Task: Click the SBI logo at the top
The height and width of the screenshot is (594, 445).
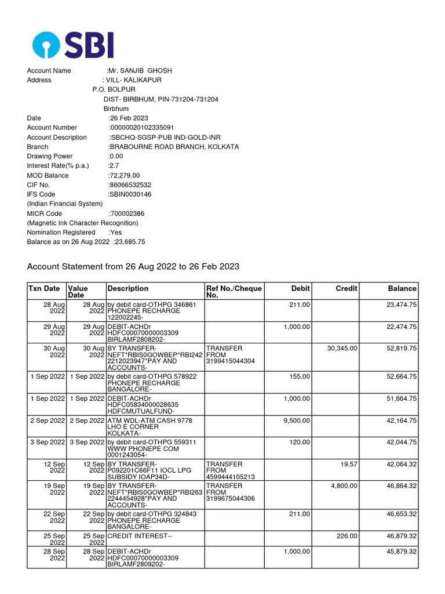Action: point(72,44)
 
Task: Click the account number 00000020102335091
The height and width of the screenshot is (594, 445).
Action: point(142,128)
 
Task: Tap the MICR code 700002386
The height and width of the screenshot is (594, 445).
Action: point(127,213)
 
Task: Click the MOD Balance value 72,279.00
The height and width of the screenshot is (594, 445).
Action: point(125,175)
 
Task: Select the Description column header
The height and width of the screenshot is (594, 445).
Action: point(128,288)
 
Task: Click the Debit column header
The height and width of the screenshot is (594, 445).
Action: point(300,288)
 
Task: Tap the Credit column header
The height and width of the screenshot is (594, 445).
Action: point(346,288)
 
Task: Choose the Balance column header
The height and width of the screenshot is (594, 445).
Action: point(402,288)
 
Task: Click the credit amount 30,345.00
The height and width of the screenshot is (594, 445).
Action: point(342,348)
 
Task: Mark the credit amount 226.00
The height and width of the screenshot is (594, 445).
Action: point(347,535)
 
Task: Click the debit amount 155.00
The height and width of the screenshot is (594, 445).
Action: point(300,376)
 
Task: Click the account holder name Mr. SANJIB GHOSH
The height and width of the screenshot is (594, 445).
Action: point(140,71)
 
